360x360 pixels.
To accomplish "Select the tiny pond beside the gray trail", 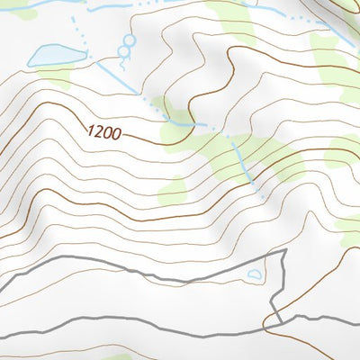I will click(255, 274).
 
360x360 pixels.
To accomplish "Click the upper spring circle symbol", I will click(127, 40).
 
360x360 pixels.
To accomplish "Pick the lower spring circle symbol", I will click(122, 52).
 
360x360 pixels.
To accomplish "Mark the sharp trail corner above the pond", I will click(283, 252).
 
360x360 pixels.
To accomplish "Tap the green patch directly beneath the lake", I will click(56, 78).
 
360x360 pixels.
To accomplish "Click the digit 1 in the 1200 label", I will click(89, 130).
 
